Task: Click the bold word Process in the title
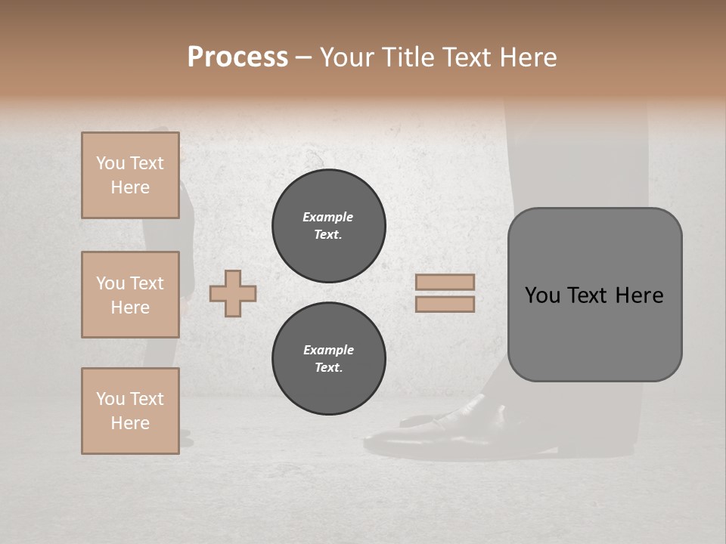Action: [x=237, y=57]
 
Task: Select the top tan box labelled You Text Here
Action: [x=130, y=175]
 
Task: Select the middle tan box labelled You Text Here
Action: [x=130, y=295]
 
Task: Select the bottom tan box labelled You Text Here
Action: [x=130, y=410]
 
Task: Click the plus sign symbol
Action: [x=233, y=293]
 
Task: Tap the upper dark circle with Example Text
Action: [x=328, y=226]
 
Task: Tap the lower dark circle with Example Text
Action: [x=328, y=359]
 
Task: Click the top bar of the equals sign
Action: [x=445, y=283]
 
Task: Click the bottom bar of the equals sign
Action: [x=445, y=304]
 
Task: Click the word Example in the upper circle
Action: [x=327, y=217]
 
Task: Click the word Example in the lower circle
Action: [x=328, y=350]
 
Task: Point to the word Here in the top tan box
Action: [x=130, y=187]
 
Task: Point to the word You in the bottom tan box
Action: [x=110, y=399]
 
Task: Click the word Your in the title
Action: [x=347, y=57]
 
